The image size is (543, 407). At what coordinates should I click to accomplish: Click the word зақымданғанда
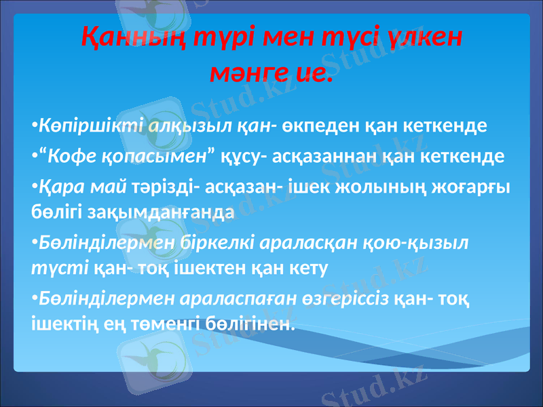tap(163, 211)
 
